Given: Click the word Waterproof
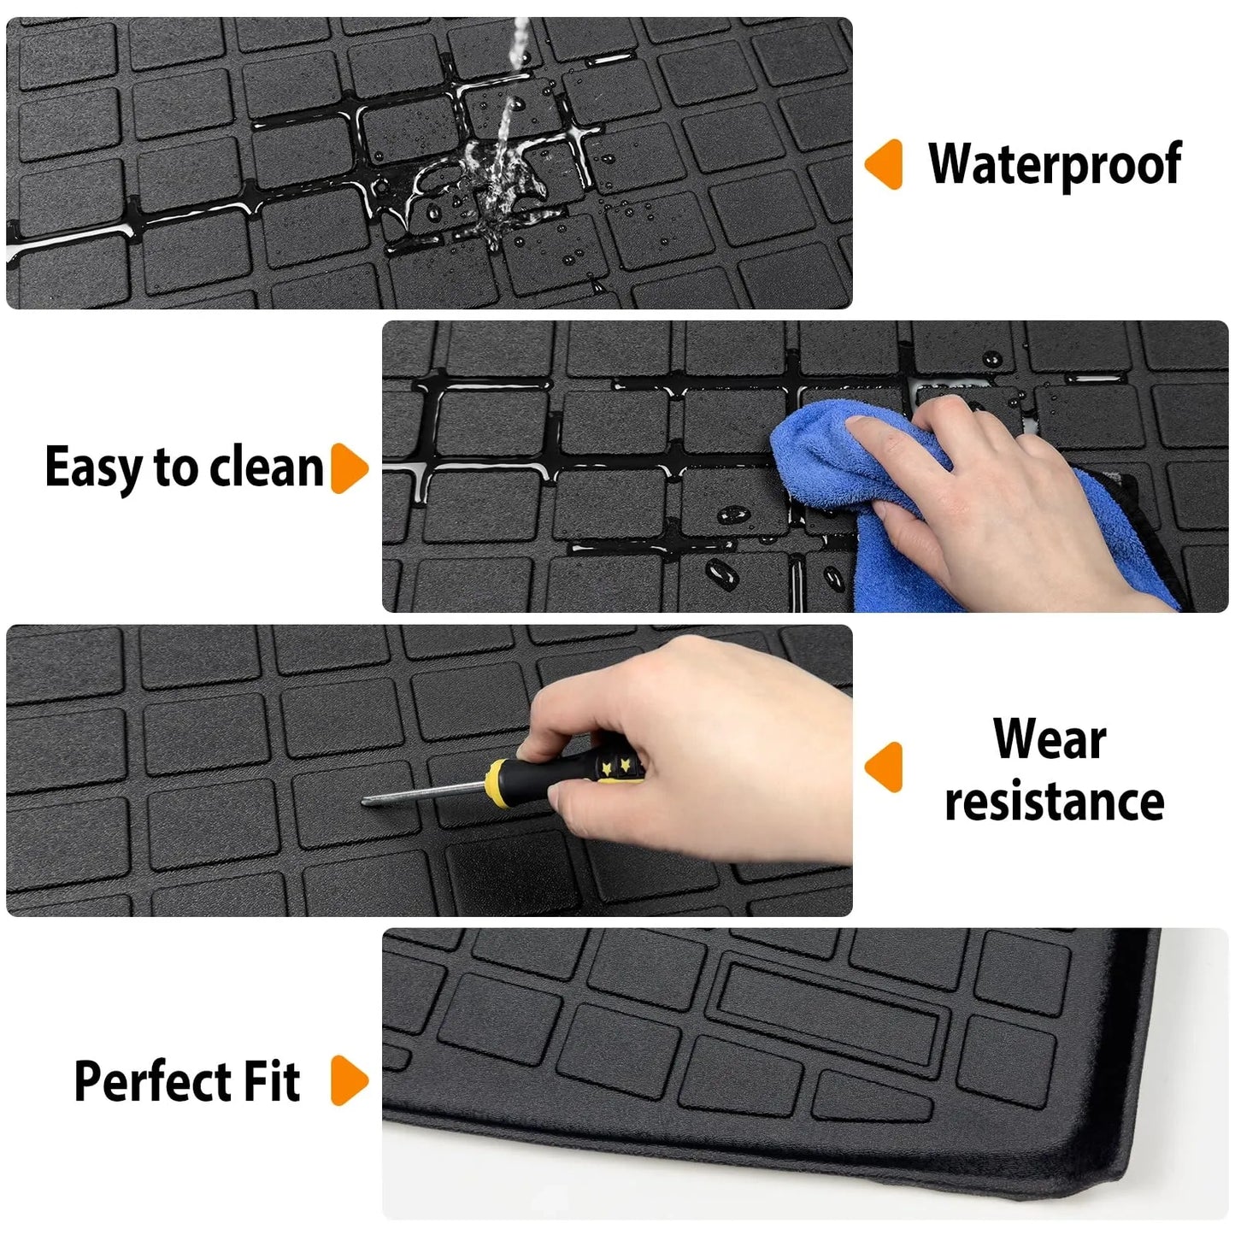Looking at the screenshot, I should click(x=1055, y=165).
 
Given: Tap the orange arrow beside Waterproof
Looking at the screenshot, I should click(x=885, y=164).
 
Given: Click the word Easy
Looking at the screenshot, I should click(x=95, y=468).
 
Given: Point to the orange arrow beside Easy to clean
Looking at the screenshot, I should click(x=348, y=468).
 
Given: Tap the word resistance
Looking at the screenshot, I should click(x=1054, y=802).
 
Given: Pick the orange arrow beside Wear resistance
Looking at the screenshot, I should click(x=885, y=767).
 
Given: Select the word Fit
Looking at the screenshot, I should click(x=272, y=1081).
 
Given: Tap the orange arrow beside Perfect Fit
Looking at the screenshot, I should click(x=348, y=1081).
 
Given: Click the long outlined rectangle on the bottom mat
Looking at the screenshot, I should click(x=829, y=1013).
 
